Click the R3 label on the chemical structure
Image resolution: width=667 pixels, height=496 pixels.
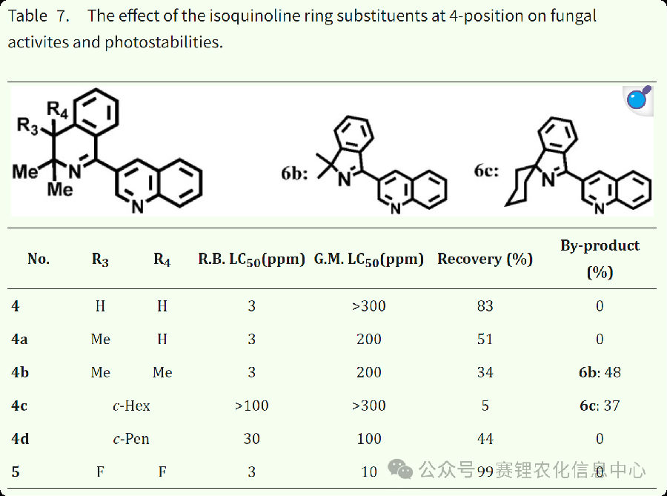[28, 126]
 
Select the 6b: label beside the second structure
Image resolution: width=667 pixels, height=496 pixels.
[294, 173]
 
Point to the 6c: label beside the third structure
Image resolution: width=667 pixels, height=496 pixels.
[488, 172]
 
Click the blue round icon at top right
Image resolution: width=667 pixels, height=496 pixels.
[637, 98]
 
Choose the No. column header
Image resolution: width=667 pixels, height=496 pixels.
[39, 259]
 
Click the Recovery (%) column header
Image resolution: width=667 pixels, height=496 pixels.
[485, 259]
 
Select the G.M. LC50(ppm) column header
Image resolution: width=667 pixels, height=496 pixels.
[369, 259]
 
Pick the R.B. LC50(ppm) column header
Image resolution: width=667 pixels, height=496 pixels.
[251, 259]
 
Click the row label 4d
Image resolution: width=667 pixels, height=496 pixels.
[20, 439]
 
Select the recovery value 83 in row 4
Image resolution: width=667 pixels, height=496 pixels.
[485, 305]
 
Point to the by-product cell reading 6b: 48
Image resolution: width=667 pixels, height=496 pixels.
[600, 372]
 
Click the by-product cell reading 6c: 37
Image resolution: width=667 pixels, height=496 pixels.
[600, 406]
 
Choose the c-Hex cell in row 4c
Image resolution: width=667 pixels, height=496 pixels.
[131, 406]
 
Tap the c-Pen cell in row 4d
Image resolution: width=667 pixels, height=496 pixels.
[131, 439]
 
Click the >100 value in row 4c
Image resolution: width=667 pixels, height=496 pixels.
[251, 406]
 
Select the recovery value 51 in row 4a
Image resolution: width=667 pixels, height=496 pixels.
[485, 339]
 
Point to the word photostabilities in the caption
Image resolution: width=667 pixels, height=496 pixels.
[162, 42]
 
